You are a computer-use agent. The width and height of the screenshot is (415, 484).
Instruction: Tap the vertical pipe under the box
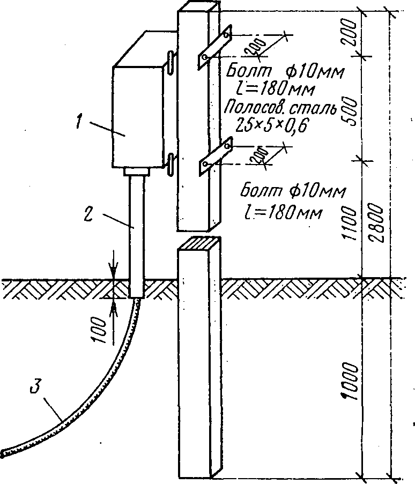pos(137,236)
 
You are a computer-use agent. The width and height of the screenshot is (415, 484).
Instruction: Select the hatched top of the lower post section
pos(199,242)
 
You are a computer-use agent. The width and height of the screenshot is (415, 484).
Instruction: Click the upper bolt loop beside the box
pos(170,63)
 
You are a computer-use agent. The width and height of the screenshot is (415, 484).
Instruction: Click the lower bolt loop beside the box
pos(170,163)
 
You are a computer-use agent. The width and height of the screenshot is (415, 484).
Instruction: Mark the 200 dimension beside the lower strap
pos(260,156)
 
